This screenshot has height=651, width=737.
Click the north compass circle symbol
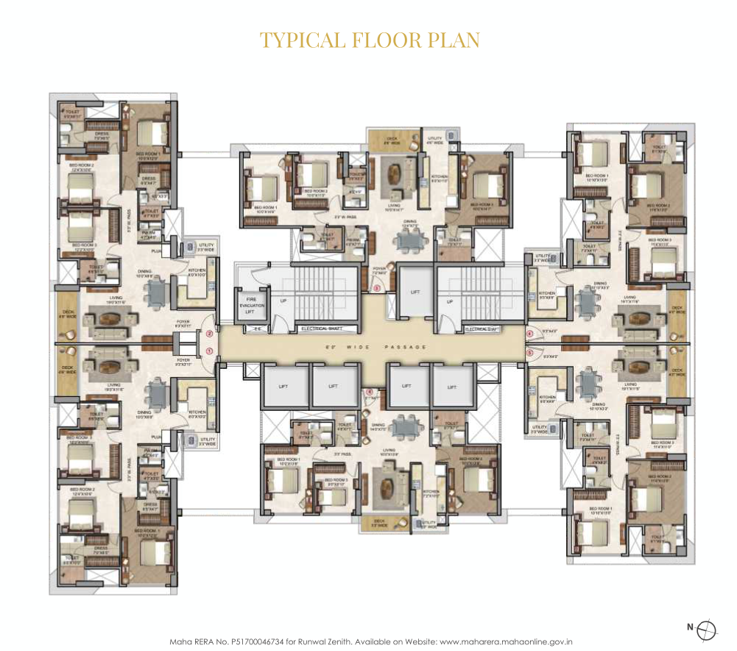pos(705,628)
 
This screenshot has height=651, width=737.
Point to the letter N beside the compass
pos(690,628)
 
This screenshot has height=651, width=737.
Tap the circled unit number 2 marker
pos(209,334)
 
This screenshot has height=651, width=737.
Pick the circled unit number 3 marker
pos(376,289)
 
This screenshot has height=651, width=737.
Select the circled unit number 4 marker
pos(529,334)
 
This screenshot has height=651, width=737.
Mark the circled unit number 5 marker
pos(529,352)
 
